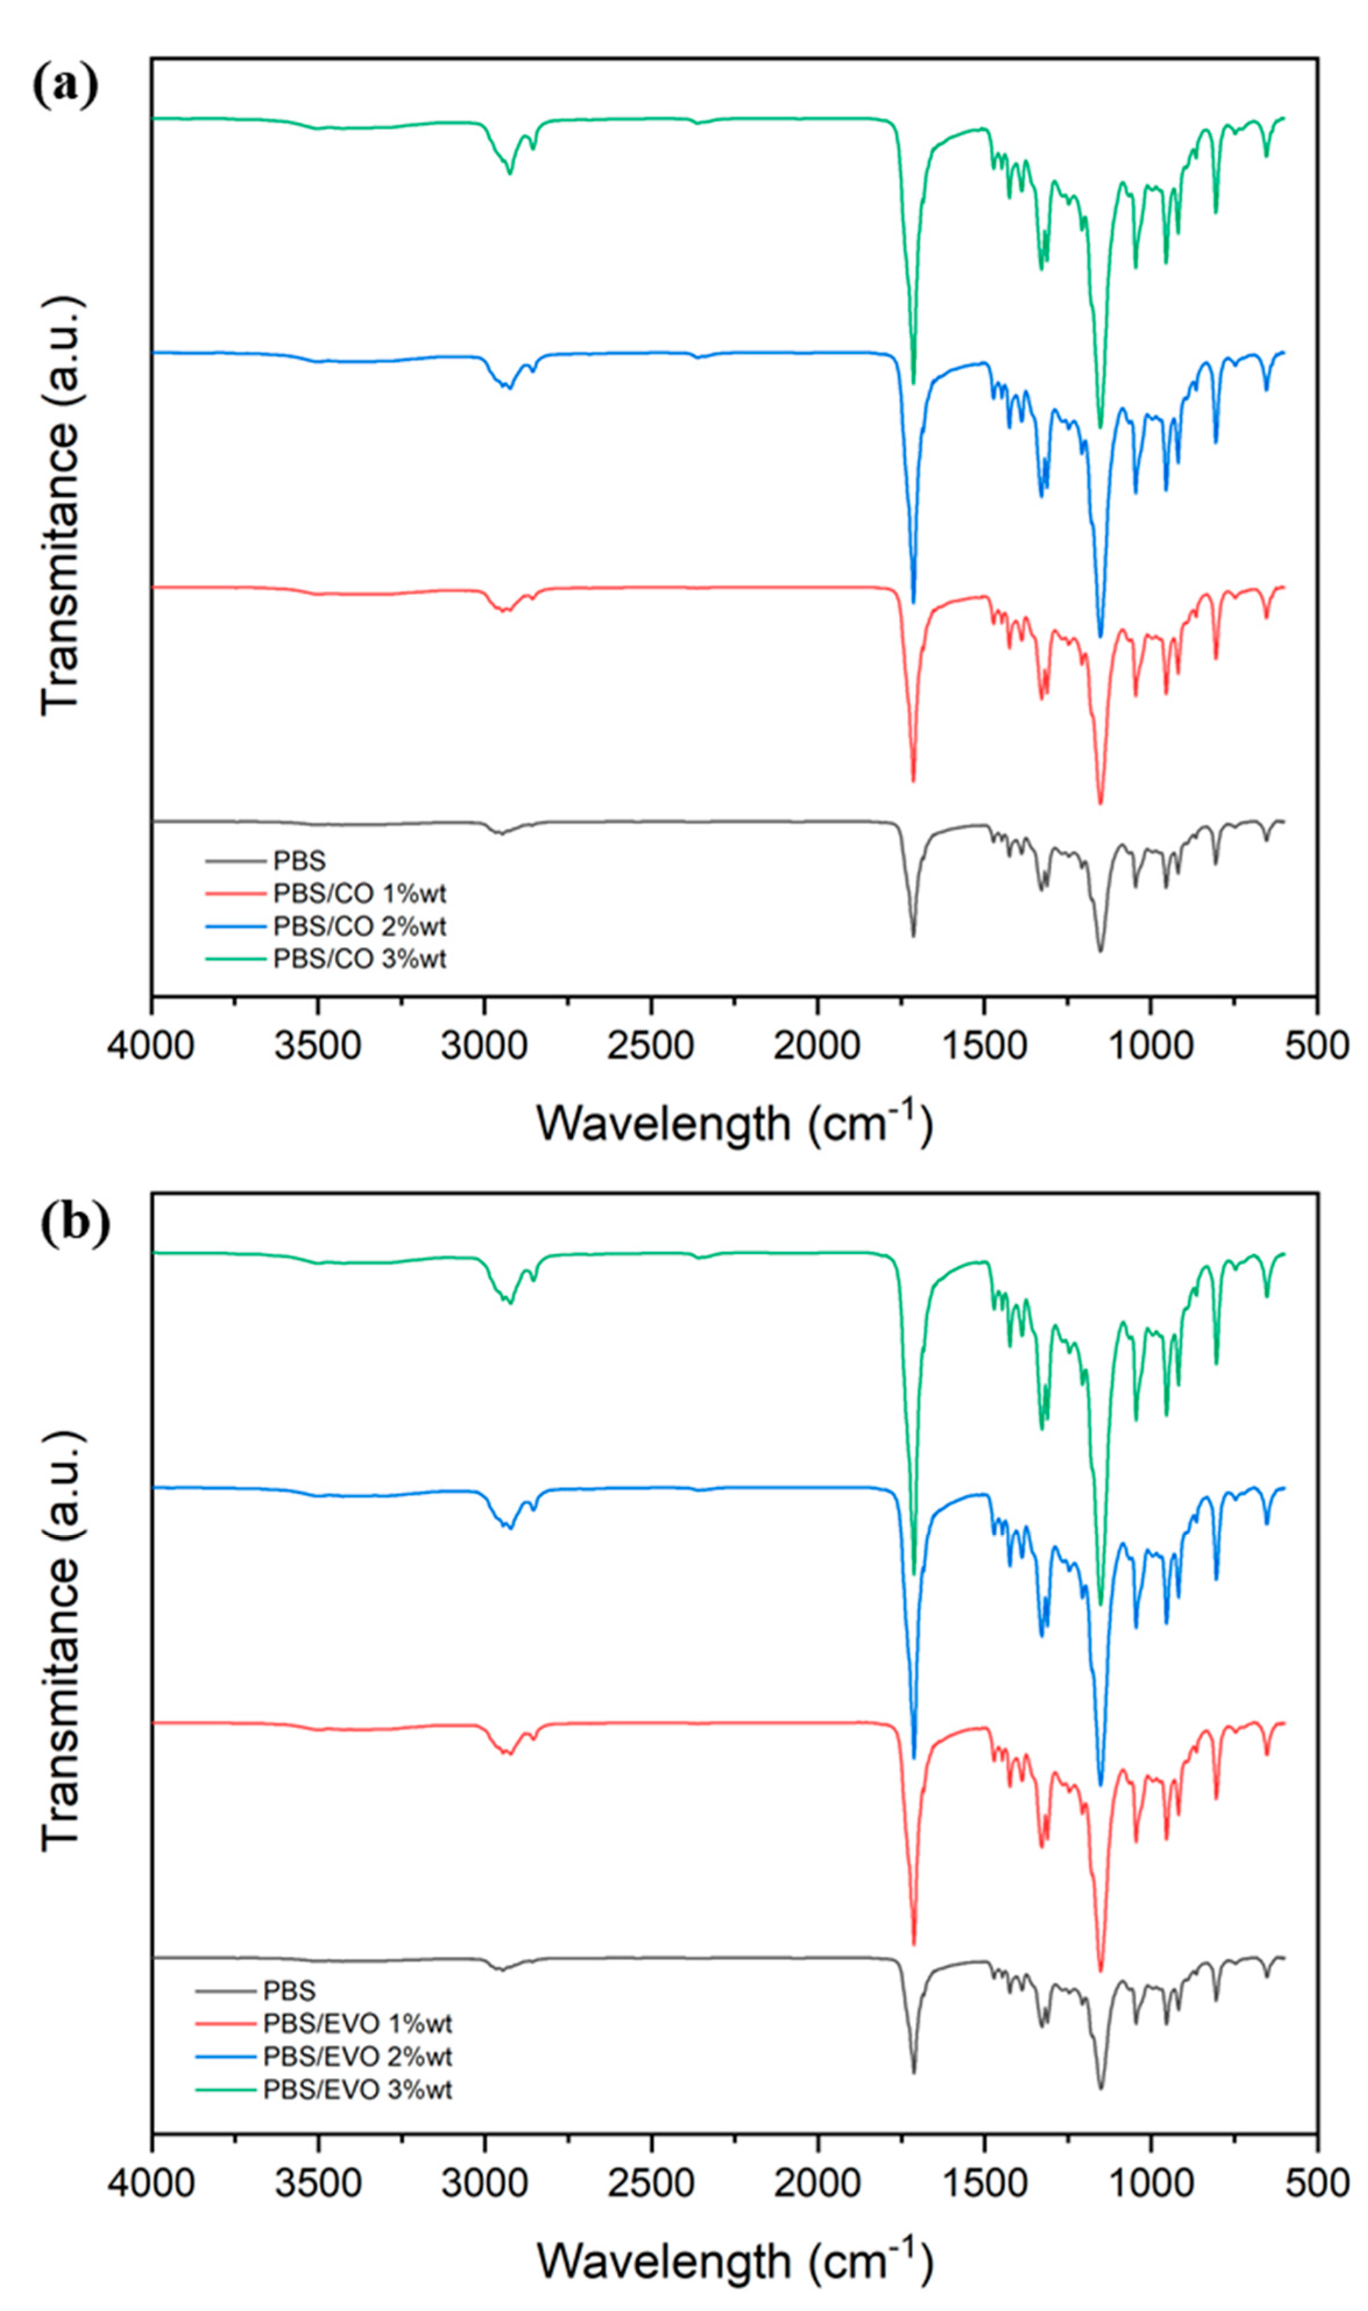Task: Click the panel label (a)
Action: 65,87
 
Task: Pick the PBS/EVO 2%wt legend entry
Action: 357,2057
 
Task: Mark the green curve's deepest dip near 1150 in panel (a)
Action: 1100,427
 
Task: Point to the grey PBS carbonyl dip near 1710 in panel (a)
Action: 913,935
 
